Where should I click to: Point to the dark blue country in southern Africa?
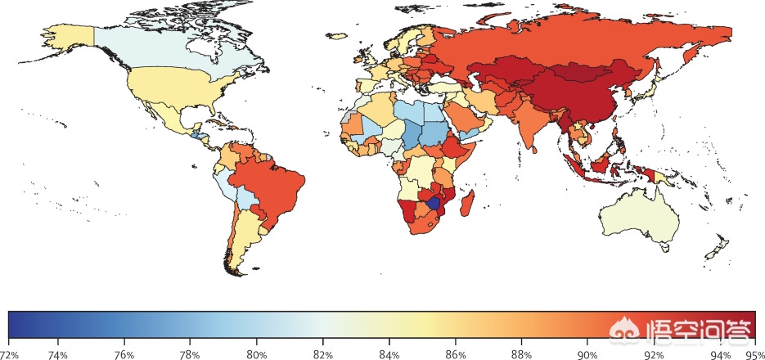tap(434, 203)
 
